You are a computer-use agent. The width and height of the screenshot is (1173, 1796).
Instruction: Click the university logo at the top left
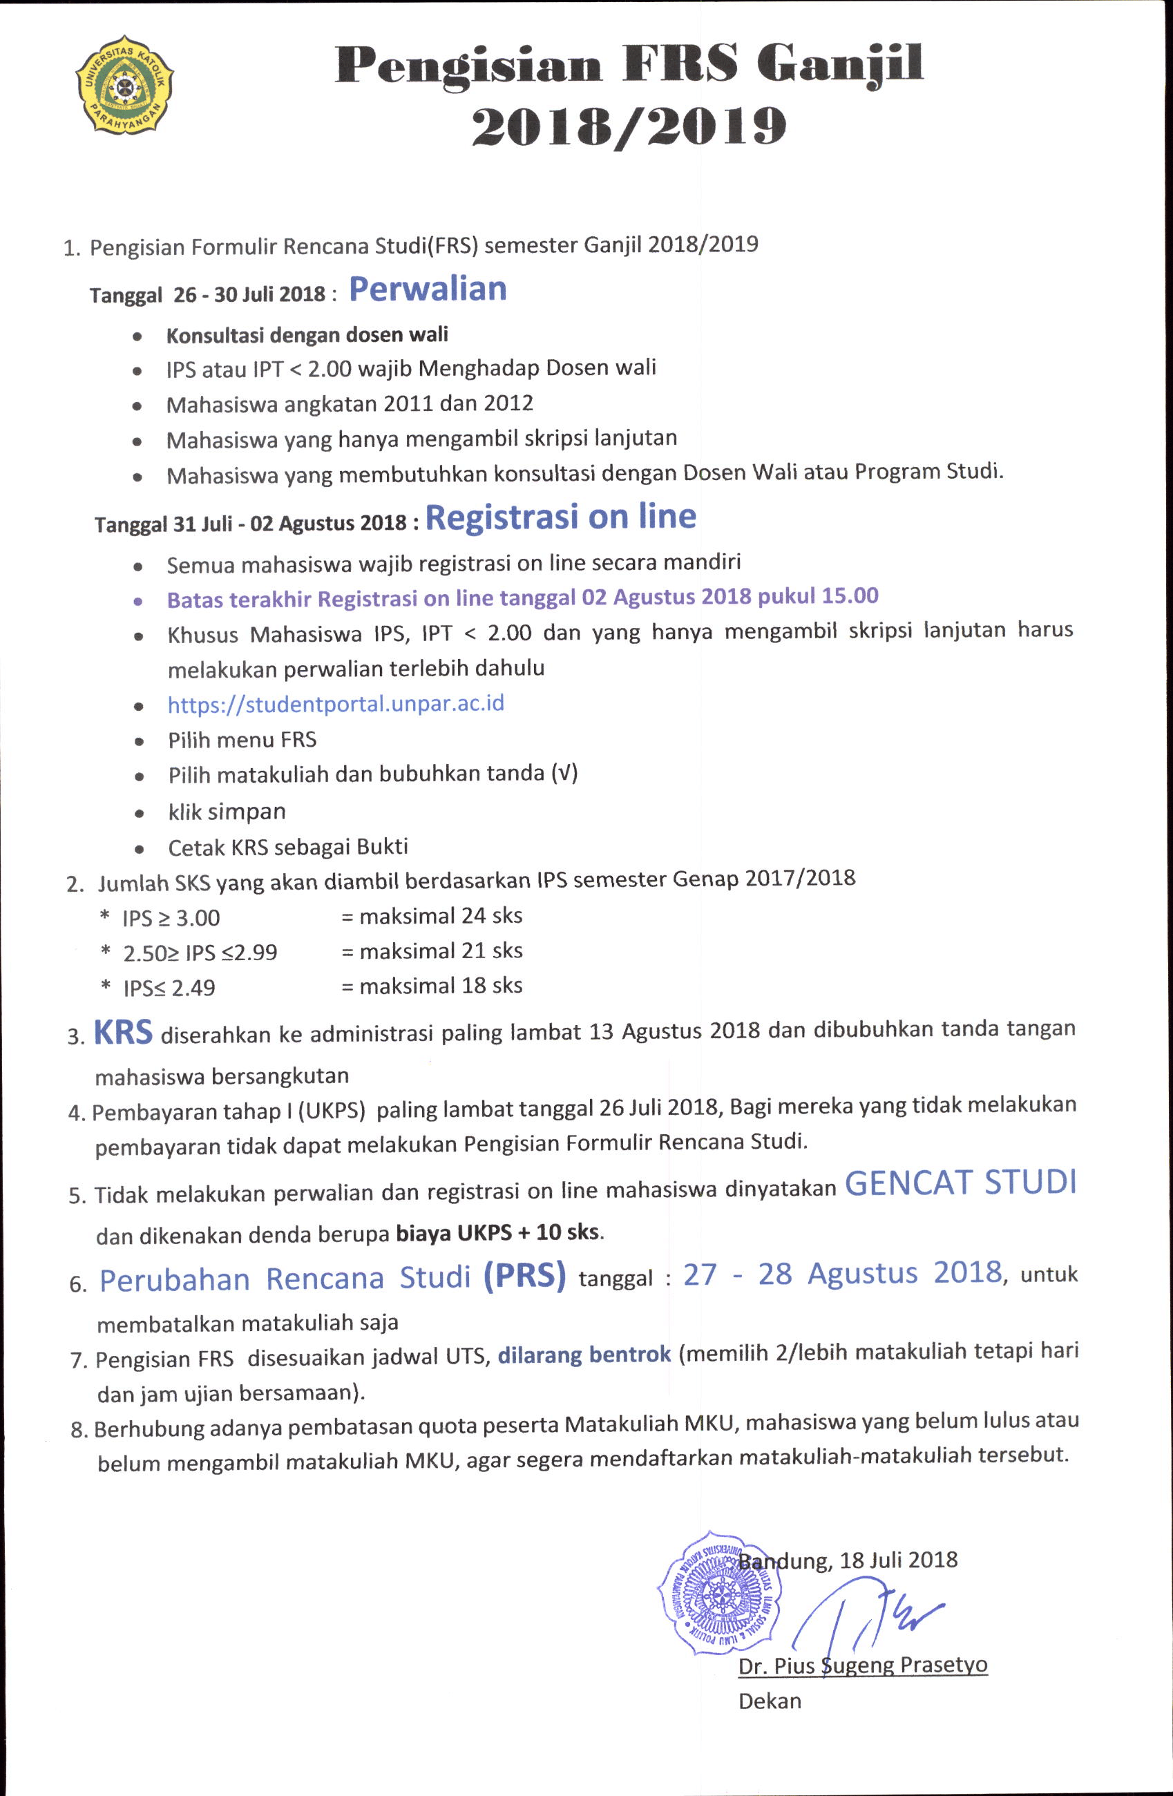[x=124, y=84]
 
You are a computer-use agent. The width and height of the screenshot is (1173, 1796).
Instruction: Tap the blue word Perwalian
[x=427, y=289]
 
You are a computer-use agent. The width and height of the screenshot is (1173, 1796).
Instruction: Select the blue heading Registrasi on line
[x=560, y=517]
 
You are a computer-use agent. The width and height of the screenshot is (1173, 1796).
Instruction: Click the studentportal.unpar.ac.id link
[x=336, y=704]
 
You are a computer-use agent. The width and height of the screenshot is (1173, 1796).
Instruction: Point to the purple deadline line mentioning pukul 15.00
[x=522, y=598]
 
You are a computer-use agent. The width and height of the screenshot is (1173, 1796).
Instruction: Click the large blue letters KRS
[x=123, y=1032]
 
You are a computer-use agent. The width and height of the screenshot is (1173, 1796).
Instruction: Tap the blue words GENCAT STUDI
[x=960, y=1183]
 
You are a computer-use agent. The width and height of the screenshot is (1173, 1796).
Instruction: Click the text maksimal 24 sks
[x=441, y=916]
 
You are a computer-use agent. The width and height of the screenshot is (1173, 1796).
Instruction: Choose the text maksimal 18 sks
[x=441, y=986]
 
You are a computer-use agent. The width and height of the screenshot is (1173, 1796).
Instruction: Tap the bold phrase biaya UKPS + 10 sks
[x=499, y=1232]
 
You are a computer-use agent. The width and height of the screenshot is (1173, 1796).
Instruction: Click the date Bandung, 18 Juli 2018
[x=848, y=1560]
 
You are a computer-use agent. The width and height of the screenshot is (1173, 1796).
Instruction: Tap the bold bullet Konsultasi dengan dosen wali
[x=307, y=334]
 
